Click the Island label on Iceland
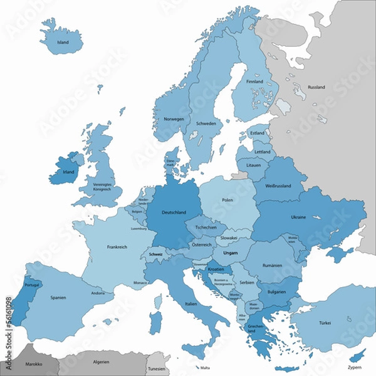[63, 43]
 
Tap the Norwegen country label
[174, 119]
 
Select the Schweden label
[206, 124]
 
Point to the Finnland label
[254, 82]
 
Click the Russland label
[316, 88]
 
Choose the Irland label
[68, 171]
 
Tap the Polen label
[226, 200]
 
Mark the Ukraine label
[298, 217]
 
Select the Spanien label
[59, 298]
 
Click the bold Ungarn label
[231, 253]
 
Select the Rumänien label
[273, 266]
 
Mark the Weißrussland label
[278, 187]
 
